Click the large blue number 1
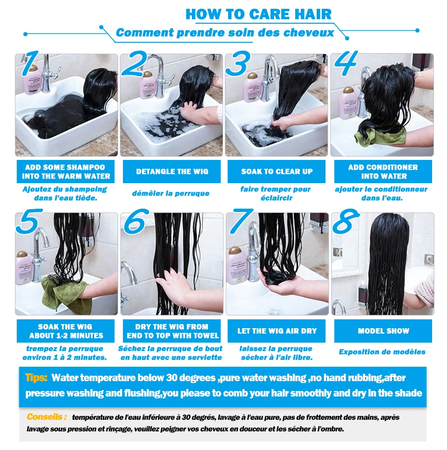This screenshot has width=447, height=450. click(30, 63)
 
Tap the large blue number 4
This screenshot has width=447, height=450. click(346, 63)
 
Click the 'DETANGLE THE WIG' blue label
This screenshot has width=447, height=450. click(172, 172)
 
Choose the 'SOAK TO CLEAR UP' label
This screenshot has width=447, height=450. click(277, 172)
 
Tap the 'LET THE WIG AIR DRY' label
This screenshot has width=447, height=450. click(277, 331)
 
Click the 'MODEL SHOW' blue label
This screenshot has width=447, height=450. click(383, 331)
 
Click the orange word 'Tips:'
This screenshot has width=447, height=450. click(36, 377)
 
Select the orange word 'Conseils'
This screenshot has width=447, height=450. click(45, 417)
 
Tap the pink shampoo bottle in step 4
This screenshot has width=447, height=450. click(348, 103)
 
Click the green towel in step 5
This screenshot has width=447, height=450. click(66, 296)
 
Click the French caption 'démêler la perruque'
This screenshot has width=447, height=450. click(171, 193)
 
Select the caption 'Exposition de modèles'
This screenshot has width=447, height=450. click(382, 352)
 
